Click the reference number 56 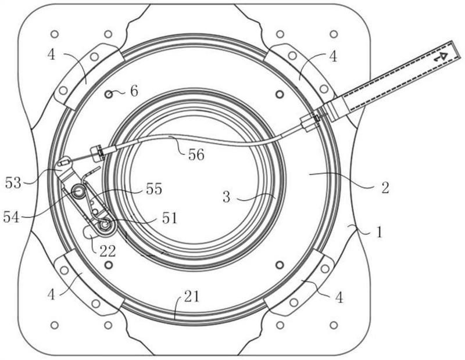(196, 154)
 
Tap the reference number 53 (13, 183)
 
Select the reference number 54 (11, 217)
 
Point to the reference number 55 (154, 189)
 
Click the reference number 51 (170, 218)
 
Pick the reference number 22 (108, 251)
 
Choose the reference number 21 (192, 296)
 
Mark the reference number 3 (226, 197)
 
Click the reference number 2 (385, 188)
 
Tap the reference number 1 (379, 232)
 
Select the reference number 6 (134, 91)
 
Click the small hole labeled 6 (109, 95)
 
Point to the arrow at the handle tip (440, 57)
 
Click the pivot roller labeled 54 (79, 192)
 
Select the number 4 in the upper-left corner (51, 55)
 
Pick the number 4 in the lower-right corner (339, 297)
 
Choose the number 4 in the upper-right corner (333, 56)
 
